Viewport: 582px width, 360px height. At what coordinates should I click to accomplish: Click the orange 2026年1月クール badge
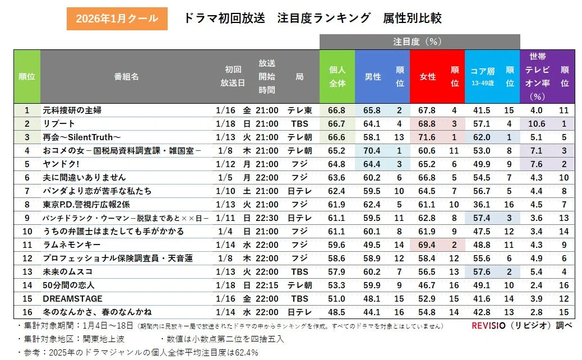pos(117,19)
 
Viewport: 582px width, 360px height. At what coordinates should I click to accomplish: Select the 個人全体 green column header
pos(337,77)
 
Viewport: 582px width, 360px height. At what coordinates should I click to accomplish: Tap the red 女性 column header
pos(428,77)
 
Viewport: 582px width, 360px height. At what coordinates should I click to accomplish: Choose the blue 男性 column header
pos(373,77)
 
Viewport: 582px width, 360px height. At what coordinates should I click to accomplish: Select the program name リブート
pos(59,124)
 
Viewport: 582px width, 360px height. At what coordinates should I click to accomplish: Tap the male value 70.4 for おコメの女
pos(372,151)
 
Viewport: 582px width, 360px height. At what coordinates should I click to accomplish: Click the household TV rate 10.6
pos(537,124)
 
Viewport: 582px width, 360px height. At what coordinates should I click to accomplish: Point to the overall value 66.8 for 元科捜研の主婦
pos(337,110)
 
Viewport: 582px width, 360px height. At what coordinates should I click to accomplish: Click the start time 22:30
pos(267,218)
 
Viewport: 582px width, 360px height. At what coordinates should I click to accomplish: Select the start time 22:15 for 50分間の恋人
pos(267,285)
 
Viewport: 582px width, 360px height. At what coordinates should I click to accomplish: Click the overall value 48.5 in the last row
pos(337,312)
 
